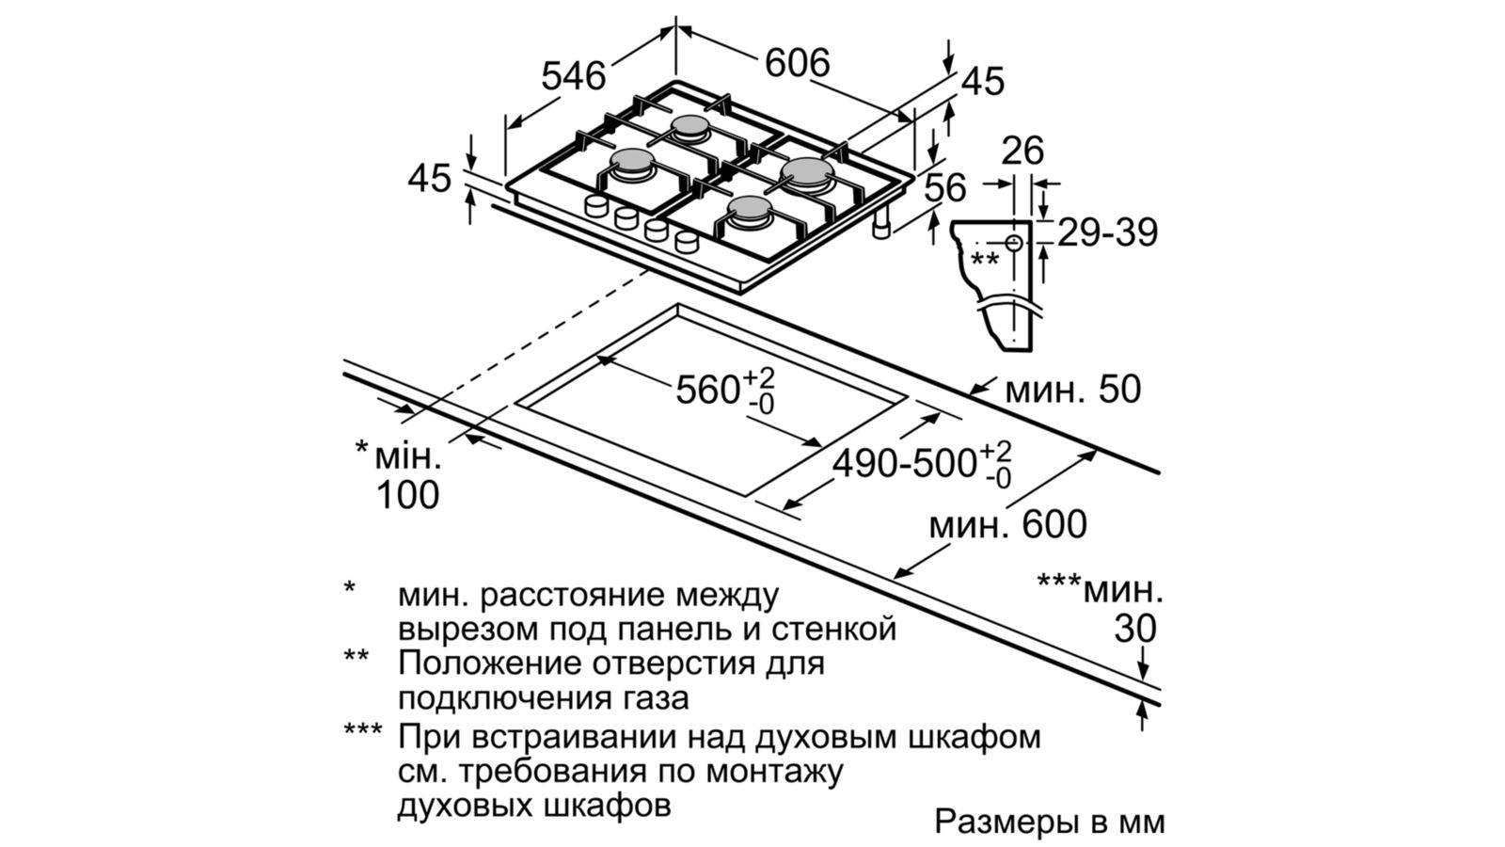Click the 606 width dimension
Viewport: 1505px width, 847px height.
pyautogui.click(x=797, y=62)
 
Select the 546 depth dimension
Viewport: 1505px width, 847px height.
pyautogui.click(x=573, y=75)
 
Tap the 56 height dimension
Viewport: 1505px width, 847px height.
pyautogui.click(x=944, y=188)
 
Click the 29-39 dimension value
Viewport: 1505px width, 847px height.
pyautogui.click(x=1107, y=232)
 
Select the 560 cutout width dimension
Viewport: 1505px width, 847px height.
pyautogui.click(x=724, y=389)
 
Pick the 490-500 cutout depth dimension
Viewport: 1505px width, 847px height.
pyautogui.click(x=922, y=464)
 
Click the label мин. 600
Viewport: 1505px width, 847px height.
pyautogui.click(x=1007, y=524)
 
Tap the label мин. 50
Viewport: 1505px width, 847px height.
pyautogui.click(x=1072, y=389)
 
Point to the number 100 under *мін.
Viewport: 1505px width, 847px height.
pyautogui.click(x=407, y=495)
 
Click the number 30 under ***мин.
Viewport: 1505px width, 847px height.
pyautogui.click(x=1134, y=629)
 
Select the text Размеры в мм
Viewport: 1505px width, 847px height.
pyautogui.click(x=1049, y=821)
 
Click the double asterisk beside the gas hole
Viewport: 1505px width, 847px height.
pyautogui.click(x=985, y=260)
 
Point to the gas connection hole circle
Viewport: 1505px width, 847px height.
pyautogui.click(x=1014, y=243)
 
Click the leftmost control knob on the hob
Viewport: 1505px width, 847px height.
pyautogui.click(x=596, y=206)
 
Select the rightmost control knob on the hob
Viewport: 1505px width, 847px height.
pyautogui.click(x=686, y=242)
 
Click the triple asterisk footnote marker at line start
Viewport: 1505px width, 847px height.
pyautogui.click(x=362, y=733)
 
